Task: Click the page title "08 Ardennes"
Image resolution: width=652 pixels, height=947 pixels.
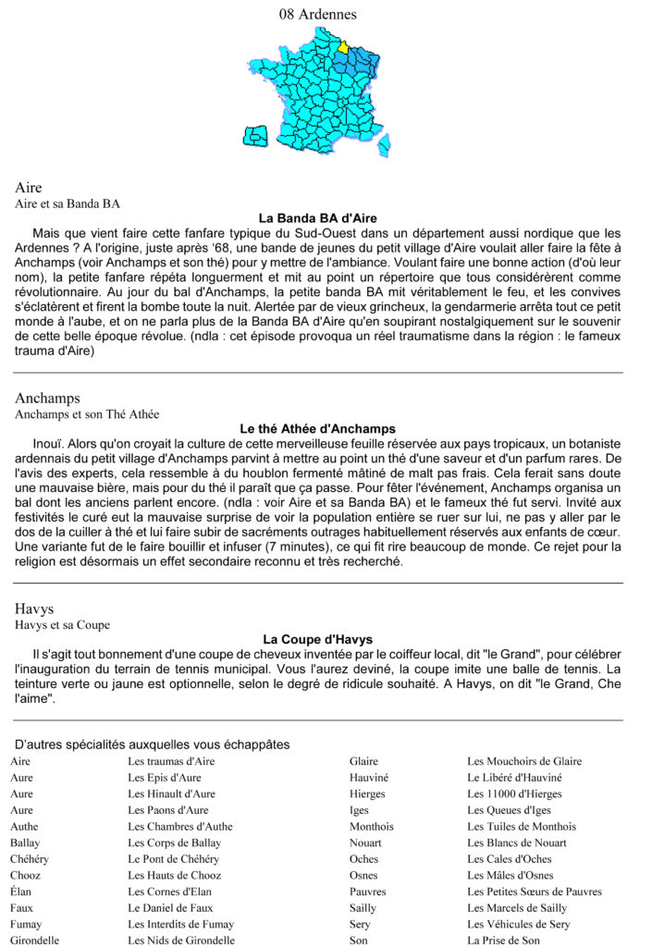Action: (317, 14)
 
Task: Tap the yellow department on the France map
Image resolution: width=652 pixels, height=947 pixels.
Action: (343, 46)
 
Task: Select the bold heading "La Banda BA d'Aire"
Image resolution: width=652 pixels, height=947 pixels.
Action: (317, 218)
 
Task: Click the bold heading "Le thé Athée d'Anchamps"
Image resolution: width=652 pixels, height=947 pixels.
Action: (317, 429)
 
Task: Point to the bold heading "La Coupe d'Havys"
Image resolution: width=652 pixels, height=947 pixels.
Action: (317, 639)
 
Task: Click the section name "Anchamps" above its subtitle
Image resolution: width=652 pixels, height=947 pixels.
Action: (47, 399)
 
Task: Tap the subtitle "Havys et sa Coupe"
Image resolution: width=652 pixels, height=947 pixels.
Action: (62, 625)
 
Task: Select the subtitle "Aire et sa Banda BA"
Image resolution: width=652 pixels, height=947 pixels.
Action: (68, 203)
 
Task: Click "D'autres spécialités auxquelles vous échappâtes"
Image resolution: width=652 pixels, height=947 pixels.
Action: (153, 744)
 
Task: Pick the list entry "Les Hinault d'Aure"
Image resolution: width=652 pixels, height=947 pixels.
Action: (171, 793)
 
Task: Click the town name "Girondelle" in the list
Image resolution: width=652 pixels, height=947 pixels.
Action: (35, 941)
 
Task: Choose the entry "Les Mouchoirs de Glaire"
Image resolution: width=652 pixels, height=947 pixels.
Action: (524, 761)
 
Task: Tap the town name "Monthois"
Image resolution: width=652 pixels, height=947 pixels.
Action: (372, 827)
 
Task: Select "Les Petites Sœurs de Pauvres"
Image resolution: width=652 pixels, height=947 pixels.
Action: (535, 892)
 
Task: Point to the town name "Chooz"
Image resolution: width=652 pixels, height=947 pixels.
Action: (25, 876)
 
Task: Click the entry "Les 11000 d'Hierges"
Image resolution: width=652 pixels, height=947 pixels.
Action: (514, 793)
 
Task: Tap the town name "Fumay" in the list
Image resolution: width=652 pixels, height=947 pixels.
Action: (26, 924)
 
